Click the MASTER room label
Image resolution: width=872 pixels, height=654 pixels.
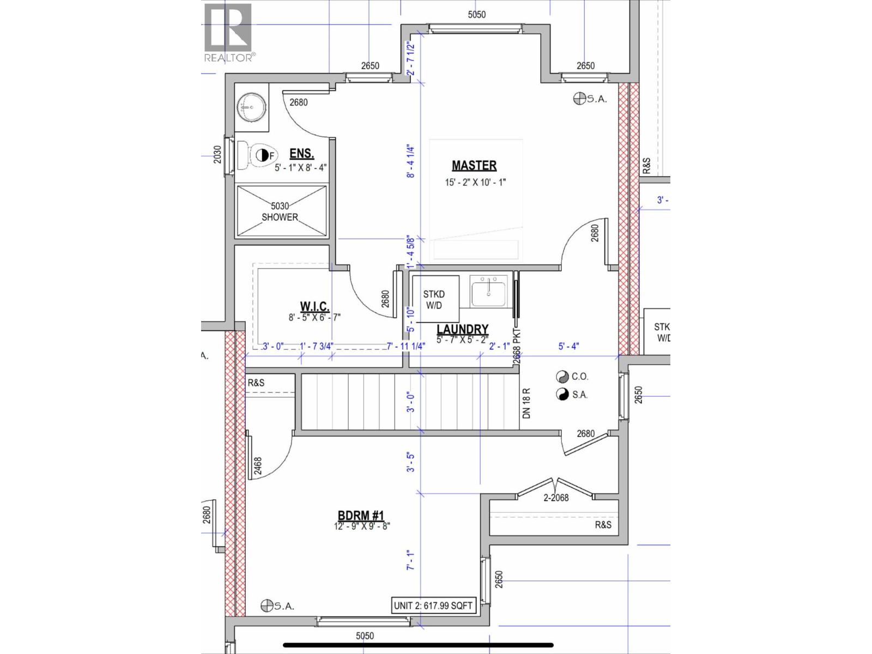(474, 165)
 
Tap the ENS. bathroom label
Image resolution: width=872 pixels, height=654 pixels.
(301, 154)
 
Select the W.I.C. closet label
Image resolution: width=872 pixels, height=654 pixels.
(314, 306)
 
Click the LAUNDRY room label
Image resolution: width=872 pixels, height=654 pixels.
(462, 329)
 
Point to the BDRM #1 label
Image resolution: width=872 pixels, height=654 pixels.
(361, 516)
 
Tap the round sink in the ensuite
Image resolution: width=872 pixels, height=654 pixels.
(252, 107)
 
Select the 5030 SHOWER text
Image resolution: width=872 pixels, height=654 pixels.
(280, 211)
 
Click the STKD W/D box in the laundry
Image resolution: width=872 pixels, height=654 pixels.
(434, 300)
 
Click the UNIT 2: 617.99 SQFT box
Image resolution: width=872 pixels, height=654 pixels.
(433, 605)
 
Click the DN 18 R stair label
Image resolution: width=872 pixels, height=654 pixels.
(526, 403)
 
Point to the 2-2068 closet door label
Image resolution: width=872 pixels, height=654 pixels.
(556, 497)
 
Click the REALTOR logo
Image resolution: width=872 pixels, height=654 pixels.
(228, 33)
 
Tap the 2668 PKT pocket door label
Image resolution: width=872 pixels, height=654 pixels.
(517, 346)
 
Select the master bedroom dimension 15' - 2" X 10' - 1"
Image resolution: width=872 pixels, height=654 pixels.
(475, 182)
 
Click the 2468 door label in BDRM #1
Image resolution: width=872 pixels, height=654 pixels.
(258, 467)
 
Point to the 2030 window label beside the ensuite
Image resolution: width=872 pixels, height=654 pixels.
(217, 155)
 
